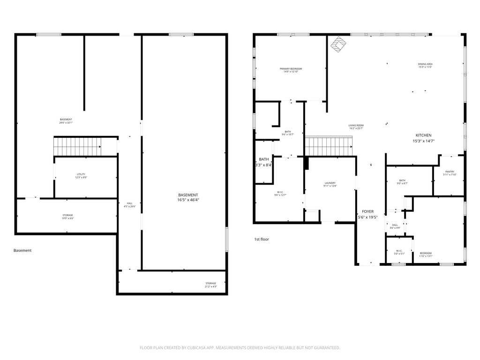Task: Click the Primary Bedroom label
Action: tap(290, 70)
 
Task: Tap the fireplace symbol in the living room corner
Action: tap(339, 44)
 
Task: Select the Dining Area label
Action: tap(425, 65)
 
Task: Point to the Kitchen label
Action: tap(423, 138)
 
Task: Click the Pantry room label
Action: tap(450, 173)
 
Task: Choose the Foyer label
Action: tap(367, 214)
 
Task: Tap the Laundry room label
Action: tap(330, 184)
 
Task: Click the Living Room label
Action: tap(356, 127)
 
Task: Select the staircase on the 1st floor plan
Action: tap(328, 146)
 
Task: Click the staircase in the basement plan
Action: tap(77, 146)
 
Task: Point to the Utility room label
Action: tap(81, 175)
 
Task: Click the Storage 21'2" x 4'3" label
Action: tap(210, 285)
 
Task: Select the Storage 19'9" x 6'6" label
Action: tap(67, 217)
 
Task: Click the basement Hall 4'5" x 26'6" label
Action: tap(129, 205)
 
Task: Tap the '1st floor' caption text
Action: tap(262, 239)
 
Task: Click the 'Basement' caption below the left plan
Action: tap(22, 250)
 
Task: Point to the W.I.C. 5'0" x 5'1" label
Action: tap(399, 252)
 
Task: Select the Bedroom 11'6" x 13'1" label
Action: tap(426, 254)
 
